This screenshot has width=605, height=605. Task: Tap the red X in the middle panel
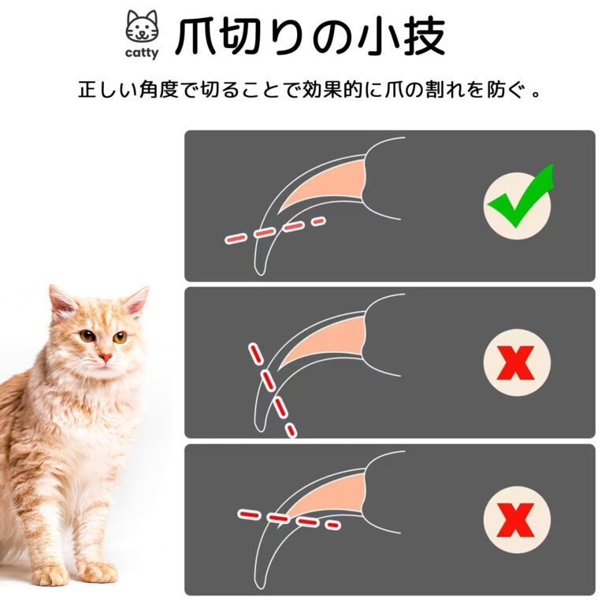[516, 362]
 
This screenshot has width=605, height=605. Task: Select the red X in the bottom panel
[516, 520]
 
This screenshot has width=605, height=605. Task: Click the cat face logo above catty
[142, 26]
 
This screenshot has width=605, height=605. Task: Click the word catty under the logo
[142, 53]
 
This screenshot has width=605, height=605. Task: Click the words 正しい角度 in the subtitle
[128, 91]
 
